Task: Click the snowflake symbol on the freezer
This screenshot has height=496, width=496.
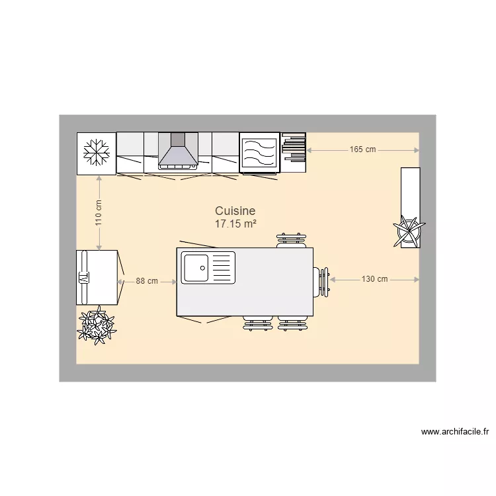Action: (x=97, y=153)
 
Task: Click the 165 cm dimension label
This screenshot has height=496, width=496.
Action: (x=362, y=149)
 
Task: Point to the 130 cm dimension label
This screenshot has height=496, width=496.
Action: (x=374, y=279)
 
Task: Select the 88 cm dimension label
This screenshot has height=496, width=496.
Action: (x=147, y=281)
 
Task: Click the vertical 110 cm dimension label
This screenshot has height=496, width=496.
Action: (x=99, y=213)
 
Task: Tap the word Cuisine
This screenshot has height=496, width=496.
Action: (x=235, y=211)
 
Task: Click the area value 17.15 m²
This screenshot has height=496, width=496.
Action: (x=235, y=224)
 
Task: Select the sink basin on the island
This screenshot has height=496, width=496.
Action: (x=196, y=268)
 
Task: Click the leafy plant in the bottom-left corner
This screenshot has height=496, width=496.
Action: (x=97, y=325)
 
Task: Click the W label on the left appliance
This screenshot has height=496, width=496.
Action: (x=83, y=277)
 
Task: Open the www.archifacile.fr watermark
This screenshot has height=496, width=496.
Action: (x=455, y=432)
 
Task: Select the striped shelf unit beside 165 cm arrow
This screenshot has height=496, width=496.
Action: (x=294, y=152)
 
